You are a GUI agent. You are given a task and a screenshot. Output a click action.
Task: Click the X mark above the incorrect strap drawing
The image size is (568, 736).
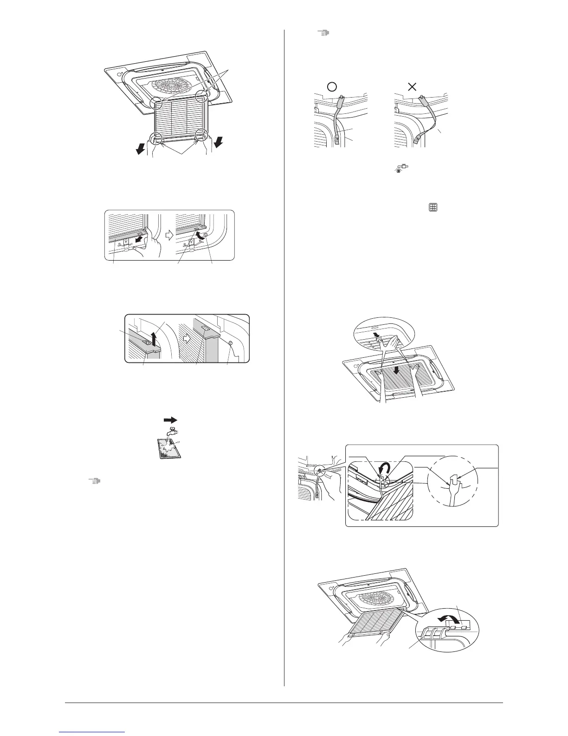pyautogui.click(x=411, y=86)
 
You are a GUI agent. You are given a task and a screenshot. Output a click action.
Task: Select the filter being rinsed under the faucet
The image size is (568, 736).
pyautogui.click(x=167, y=448)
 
